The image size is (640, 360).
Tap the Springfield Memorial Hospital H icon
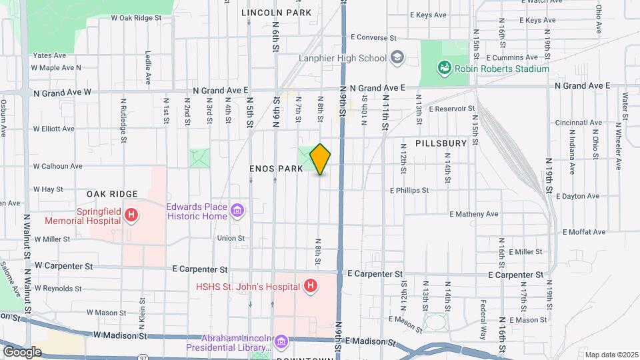(131, 215)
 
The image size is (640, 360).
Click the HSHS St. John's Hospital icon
(309, 287)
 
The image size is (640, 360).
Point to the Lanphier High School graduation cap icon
(397, 58)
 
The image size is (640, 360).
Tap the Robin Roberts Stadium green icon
(443, 68)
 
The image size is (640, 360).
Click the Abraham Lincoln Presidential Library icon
(281, 342)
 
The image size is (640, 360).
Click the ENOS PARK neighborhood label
(276, 169)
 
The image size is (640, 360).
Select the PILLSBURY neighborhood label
(441, 143)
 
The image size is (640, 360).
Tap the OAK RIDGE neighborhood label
(111, 194)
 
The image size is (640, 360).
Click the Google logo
(22, 351)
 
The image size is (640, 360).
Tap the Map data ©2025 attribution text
(611, 355)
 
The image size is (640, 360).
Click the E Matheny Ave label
(474, 214)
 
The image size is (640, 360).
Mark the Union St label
(231, 238)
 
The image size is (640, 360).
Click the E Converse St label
(373, 37)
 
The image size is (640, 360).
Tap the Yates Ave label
(50, 55)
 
